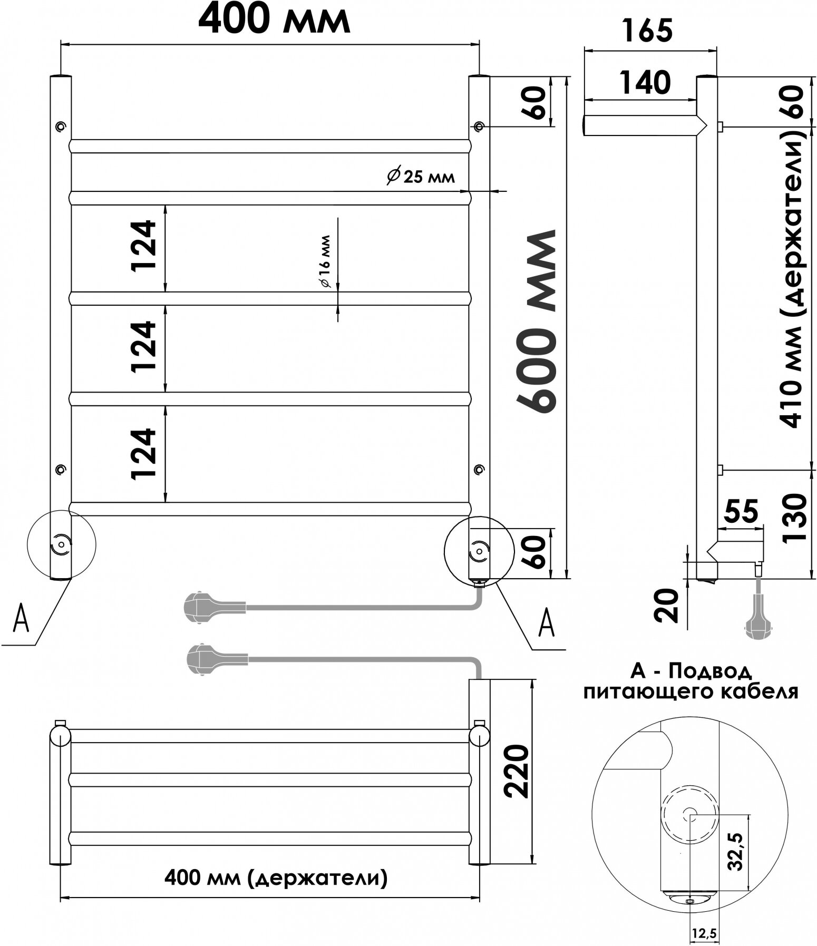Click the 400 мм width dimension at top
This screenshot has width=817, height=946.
(x=274, y=21)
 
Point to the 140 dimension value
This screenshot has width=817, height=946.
(x=645, y=83)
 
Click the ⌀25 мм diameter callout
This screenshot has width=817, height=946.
(x=420, y=177)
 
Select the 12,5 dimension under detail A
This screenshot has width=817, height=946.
(x=705, y=933)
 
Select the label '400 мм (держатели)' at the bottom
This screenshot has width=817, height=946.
(x=276, y=877)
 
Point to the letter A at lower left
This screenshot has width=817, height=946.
(x=20, y=619)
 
